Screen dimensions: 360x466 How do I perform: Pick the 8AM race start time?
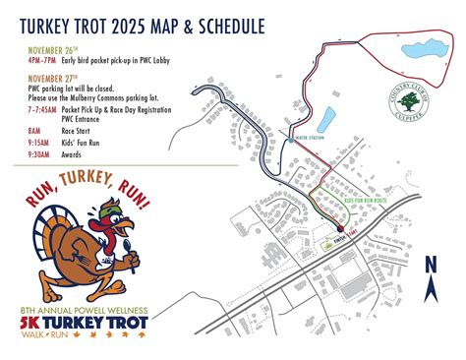point(34,129)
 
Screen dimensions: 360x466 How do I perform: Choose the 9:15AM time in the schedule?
point(37,143)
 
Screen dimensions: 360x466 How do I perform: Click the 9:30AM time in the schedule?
point(37,154)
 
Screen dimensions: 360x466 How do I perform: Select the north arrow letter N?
point(430,264)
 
